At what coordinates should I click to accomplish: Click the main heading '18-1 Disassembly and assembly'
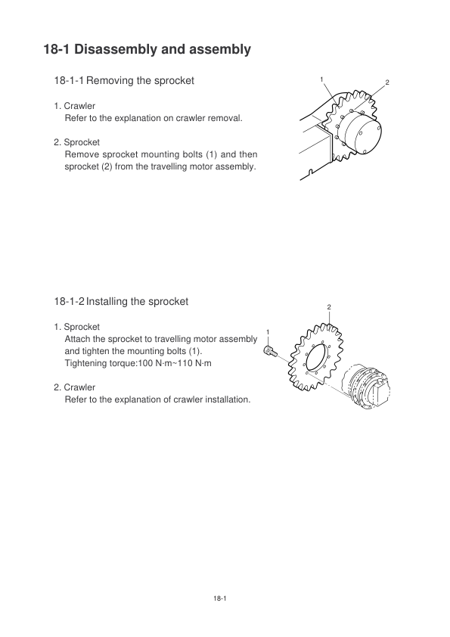pyautogui.click(x=147, y=50)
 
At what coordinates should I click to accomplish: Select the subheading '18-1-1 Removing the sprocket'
pyautogui.click(x=124, y=80)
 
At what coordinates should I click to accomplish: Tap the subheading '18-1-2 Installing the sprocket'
pyautogui.click(x=121, y=301)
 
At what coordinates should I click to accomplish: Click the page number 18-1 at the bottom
pyautogui.click(x=219, y=598)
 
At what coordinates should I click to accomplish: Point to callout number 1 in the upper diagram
pyautogui.click(x=321, y=79)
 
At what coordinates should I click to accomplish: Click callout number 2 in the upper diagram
pyautogui.click(x=387, y=82)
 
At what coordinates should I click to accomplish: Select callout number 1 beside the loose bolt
pyautogui.click(x=268, y=332)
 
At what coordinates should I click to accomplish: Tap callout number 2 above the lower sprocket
pyautogui.click(x=329, y=307)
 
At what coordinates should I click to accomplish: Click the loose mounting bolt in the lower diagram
pyautogui.click(x=271, y=351)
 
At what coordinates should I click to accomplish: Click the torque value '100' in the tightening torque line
pyautogui.click(x=145, y=363)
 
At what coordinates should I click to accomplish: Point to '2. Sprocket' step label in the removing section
pyautogui.click(x=76, y=142)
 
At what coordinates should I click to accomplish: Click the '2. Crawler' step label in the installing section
pyautogui.click(x=75, y=387)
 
